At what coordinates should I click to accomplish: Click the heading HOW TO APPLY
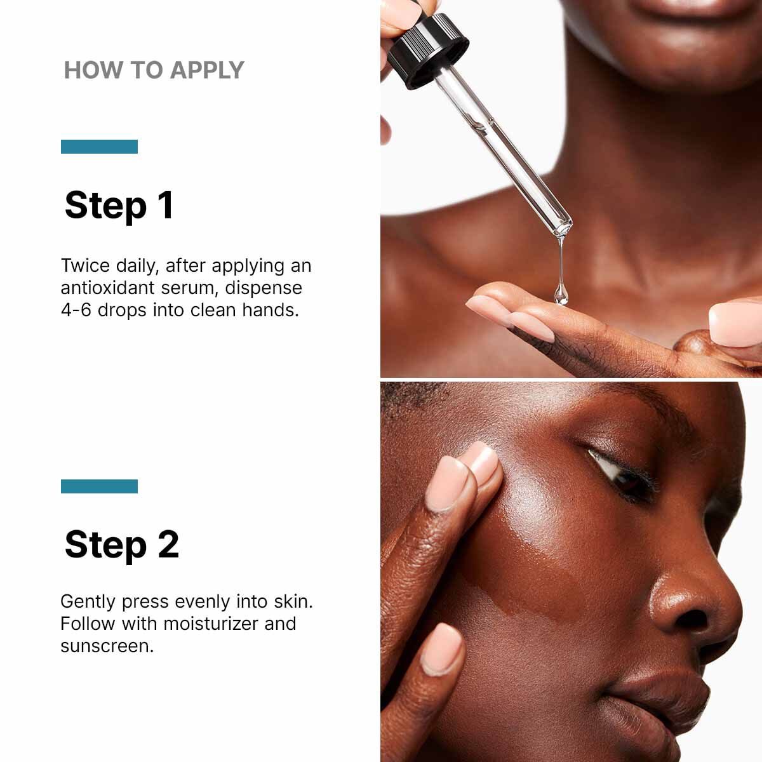(154, 70)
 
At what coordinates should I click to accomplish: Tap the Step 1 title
(119, 205)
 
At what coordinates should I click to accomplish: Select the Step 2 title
(121, 545)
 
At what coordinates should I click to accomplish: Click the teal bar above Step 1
(99, 147)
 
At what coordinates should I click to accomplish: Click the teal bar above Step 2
(99, 486)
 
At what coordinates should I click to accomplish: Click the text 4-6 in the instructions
(76, 310)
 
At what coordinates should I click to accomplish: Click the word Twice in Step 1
(85, 265)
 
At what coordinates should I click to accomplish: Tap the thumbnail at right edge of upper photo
(737, 324)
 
